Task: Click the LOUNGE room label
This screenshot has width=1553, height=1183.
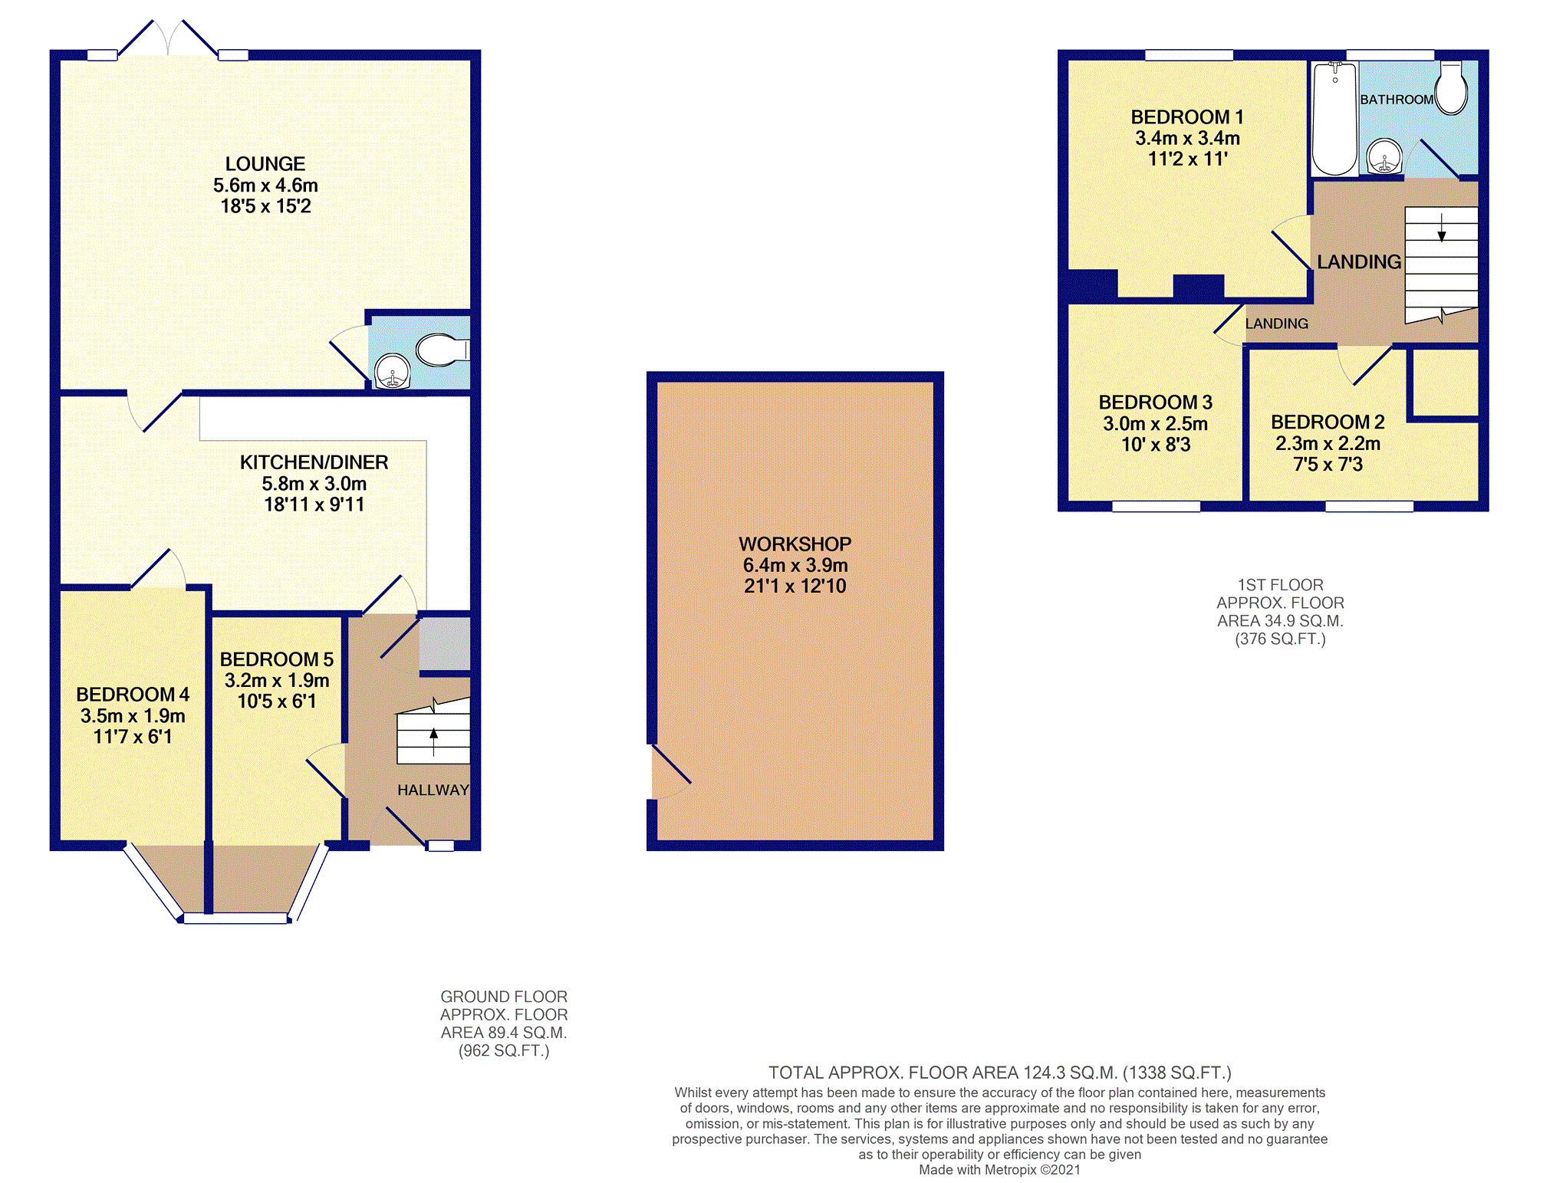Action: (x=265, y=164)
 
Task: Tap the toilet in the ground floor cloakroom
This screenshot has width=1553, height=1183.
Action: (x=443, y=350)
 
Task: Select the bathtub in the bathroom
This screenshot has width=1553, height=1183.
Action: (x=1334, y=119)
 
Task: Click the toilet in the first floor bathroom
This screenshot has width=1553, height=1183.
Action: (x=1451, y=88)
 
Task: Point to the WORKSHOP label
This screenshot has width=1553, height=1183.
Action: (x=795, y=544)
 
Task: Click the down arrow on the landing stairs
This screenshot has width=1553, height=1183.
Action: (x=1442, y=228)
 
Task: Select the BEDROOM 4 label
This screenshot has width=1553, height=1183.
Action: (x=133, y=695)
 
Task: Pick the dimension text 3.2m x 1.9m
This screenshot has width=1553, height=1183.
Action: (x=277, y=680)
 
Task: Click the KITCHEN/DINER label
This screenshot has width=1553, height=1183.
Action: (x=314, y=462)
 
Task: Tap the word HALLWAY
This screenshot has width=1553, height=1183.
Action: (x=433, y=790)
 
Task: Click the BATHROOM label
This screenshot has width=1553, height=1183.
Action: (x=1397, y=100)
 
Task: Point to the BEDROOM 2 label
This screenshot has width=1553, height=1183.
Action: (x=1328, y=422)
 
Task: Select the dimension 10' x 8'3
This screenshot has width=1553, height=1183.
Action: (x=1156, y=445)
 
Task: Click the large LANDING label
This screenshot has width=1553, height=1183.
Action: (x=1359, y=262)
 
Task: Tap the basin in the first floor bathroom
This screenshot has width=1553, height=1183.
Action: (x=1384, y=157)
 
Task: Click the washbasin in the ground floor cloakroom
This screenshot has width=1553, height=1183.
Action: (x=393, y=371)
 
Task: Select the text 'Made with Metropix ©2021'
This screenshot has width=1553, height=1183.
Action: (x=999, y=1170)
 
